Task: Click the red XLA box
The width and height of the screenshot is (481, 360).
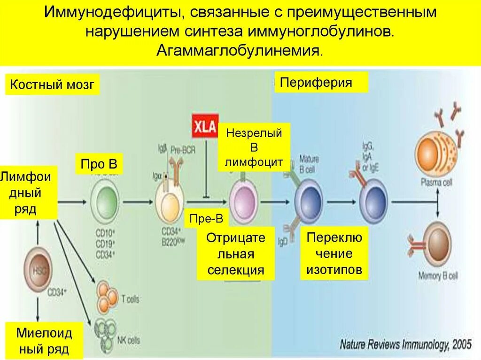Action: pyautogui.click(x=205, y=125)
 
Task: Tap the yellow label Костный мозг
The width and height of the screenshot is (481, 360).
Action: pyautogui.click(x=53, y=85)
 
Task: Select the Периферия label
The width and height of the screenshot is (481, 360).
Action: pyautogui.click(x=316, y=83)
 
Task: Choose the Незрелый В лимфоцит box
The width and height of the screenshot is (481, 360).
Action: pyautogui.click(x=254, y=148)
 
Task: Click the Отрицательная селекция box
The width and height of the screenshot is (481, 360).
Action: pyautogui.click(x=235, y=254)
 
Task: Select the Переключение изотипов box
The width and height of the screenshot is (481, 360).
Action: pyautogui.click(x=334, y=253)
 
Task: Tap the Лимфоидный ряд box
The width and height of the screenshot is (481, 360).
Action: pyautogui.click(x=28, y=192)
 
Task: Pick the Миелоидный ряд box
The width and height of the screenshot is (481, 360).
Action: pyautogui.click(x=44, y=341)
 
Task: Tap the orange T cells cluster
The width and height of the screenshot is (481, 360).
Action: pyautogui.click(x=107, y=297)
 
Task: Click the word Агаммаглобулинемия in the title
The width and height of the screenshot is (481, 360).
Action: pyautogui.click(x=240, y=50)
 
